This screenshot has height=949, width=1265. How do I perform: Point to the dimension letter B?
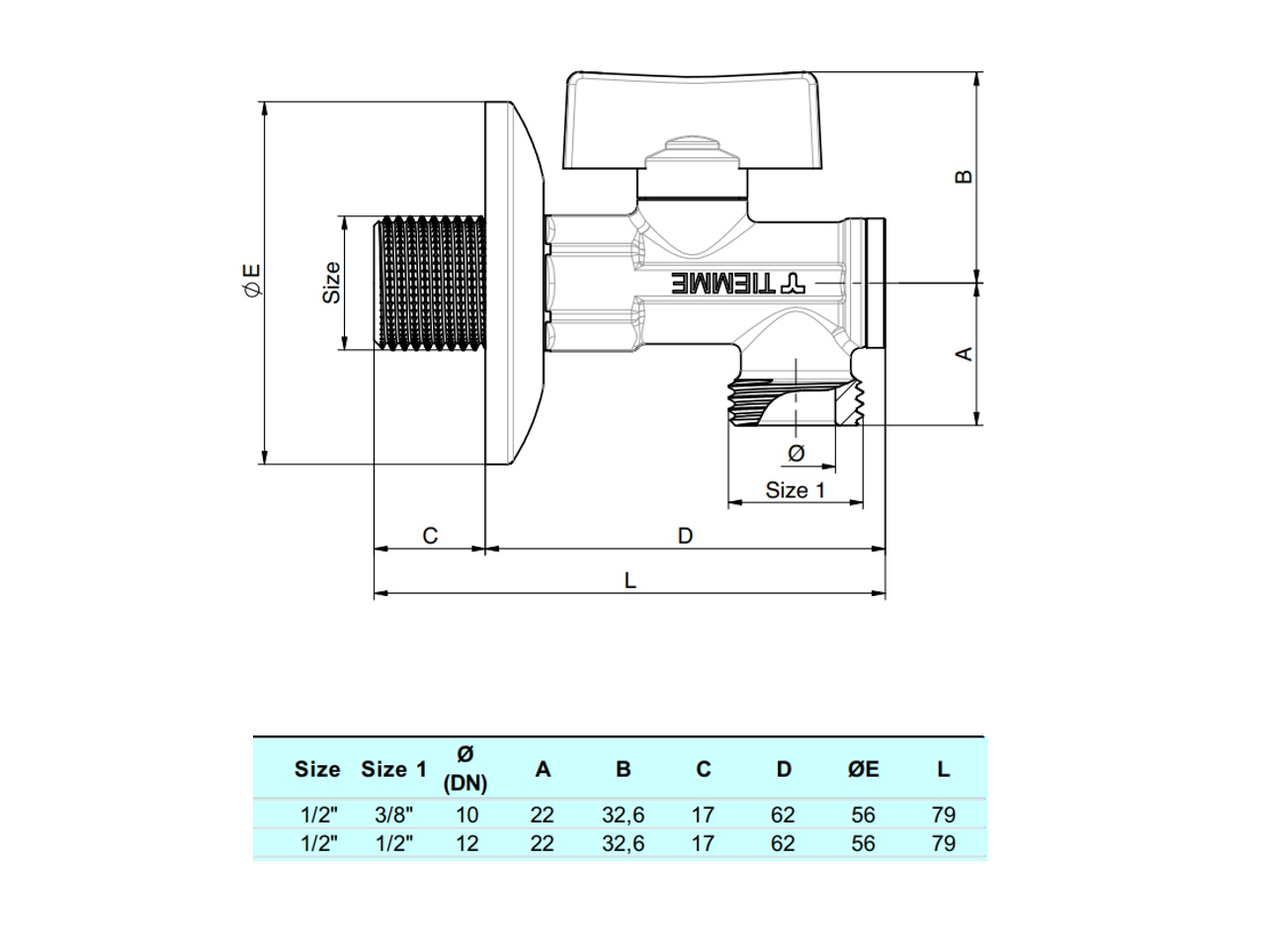[x=966, y=177]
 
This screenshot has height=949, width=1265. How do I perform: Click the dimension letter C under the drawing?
[x=430, y=536]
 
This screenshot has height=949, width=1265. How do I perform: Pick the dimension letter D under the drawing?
[x=685, y=536]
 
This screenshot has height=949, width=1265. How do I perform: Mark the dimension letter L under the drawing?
[x=631, y=580]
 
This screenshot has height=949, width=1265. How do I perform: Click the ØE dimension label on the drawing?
[x=251, y=280]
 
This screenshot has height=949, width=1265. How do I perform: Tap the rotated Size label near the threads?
[x=332, y=282]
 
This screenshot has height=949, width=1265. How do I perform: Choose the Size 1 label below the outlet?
[x=795, y=490]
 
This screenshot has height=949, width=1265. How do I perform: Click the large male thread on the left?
[x=430, y=282]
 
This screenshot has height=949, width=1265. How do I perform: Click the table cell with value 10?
[x=466, y=816]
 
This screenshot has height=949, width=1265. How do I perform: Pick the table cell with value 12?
[x=466, y=844]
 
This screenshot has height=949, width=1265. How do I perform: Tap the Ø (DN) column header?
[x=465, y=769]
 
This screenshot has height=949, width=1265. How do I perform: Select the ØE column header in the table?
[x=863, y=769]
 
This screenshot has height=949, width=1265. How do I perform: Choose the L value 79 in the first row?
[x=943, y=816]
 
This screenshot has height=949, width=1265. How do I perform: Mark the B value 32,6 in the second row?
[x=623, y=844]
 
